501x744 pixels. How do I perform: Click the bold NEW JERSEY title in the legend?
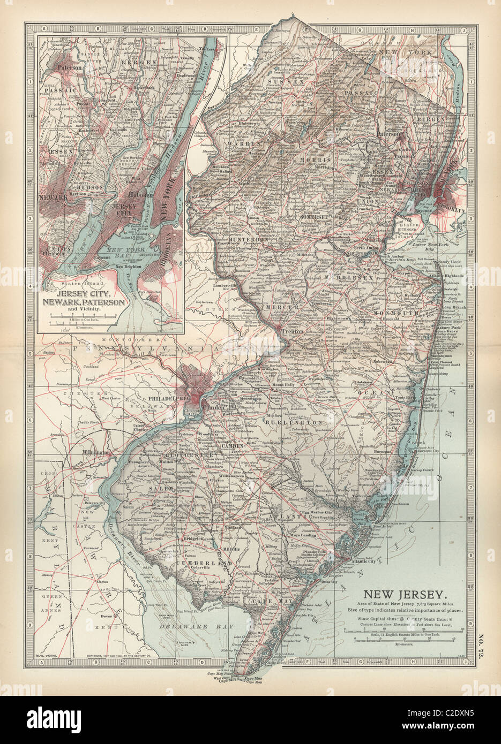tap(405, 594)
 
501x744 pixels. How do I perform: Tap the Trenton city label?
tap(293, 332)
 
